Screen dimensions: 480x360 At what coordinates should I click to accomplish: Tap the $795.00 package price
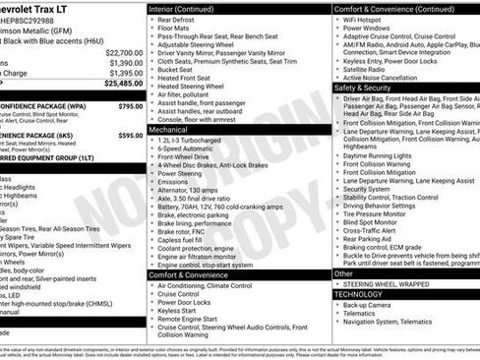point(130,105)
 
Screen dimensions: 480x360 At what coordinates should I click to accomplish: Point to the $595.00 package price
point(130,136)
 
